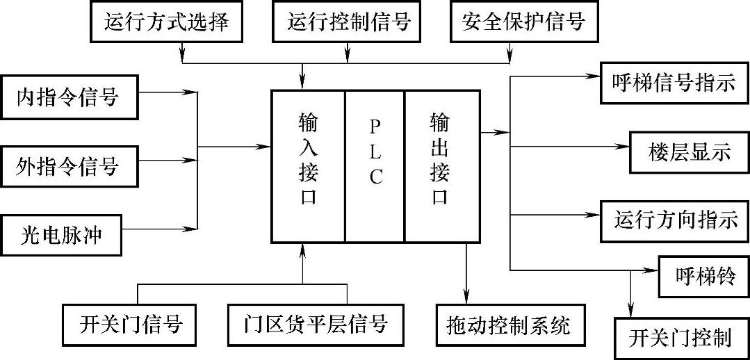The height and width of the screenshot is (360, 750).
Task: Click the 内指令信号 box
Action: pos(69,97)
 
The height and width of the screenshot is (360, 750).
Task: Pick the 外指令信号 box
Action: pos(69,166)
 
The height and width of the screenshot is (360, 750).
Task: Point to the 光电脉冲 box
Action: pos(60,235)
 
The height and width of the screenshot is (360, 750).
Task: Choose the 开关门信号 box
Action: pos(129,325)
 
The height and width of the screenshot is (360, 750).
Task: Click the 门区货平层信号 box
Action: pos(315,325)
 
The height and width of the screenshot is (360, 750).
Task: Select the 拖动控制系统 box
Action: pos(512,325)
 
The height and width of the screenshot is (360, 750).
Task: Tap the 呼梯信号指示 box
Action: pos(674,83)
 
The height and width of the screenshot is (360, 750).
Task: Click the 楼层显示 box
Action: pos(690,152)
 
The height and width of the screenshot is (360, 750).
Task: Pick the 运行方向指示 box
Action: pos(674,222)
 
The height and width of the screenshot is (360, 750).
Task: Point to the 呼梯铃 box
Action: pos(704,277)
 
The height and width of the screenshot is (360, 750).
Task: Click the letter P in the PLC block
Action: pos(375,126)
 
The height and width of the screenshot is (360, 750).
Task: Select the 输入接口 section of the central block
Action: pos(309,166)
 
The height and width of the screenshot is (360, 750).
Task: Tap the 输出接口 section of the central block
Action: pos(442,166)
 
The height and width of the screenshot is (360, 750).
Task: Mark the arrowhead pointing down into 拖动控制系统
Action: pos(467,298)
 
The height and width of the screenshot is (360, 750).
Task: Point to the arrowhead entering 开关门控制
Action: pos(631,311)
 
